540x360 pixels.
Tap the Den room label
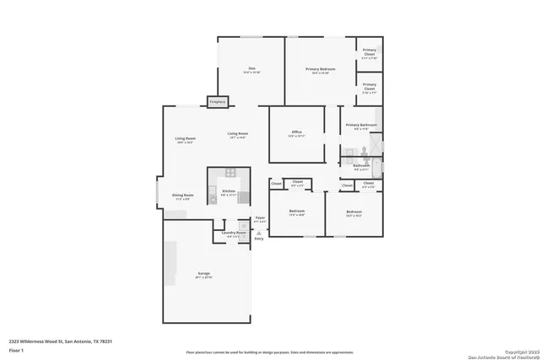(251, 69)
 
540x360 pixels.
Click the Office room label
(296, 133)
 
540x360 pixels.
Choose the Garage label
(204, 275)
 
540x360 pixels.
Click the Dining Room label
(182, 196)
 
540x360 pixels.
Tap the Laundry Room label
(234, 234)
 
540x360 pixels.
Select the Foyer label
(260, 219)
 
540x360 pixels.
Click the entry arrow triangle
(259, 232)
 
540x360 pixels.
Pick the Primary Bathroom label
(361, 126)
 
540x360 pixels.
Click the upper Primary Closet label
(369, 56)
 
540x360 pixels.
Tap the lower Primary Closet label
(369, 87)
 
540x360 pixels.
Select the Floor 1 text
(16, 349)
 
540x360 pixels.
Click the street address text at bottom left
(61, 341)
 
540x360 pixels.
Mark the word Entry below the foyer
(258, 239)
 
